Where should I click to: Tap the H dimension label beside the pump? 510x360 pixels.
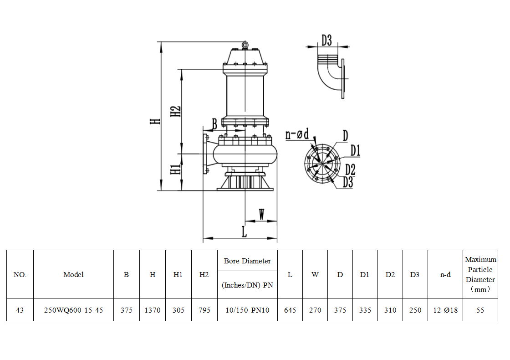tap(155, 121)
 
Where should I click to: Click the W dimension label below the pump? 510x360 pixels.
tap(261, 214)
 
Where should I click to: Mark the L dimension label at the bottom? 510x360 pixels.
tap(244, 231)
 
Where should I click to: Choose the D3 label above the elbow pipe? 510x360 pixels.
tap(326, 40)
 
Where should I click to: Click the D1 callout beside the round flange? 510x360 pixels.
tap(356, 150)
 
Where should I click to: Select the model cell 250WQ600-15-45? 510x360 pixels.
tap(73, 310)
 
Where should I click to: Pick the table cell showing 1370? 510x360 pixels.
tap(153, 310)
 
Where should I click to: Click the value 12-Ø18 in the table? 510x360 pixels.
tap(445, 310)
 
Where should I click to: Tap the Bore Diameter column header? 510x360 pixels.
tap(247, 261)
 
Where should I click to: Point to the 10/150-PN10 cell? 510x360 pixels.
tap(247, 310)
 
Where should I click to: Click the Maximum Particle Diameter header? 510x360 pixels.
tap(480, 274)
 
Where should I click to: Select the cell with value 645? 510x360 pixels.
tap(290, 310)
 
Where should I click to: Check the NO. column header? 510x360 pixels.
tap(20, 274)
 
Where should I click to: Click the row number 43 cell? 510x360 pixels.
tap(20, 310)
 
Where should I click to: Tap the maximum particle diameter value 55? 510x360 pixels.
tap(480, 310)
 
